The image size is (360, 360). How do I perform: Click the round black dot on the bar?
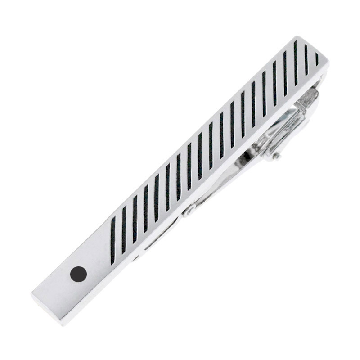(x=78, y=274)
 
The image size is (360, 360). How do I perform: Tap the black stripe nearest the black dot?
(x=112, y=239)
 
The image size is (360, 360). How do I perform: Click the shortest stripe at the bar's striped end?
(x=317, y=59)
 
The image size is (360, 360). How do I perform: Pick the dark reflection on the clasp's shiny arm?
(x=252, y=153)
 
